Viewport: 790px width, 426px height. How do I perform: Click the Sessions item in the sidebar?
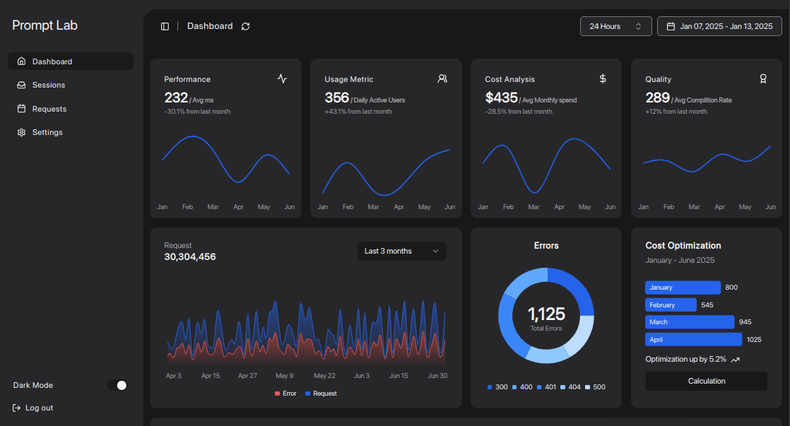48,85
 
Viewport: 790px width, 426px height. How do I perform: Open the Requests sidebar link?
49,109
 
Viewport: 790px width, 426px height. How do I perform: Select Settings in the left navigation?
47,132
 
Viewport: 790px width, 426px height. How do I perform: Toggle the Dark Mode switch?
117,385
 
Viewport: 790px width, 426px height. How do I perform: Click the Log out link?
39,408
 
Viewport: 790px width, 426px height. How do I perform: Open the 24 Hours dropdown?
615,26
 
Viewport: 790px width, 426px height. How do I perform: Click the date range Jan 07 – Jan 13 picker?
719,26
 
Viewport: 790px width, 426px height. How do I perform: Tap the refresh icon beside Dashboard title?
245,26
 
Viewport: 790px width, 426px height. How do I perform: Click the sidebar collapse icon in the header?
165,26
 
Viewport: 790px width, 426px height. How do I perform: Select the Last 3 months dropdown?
401,251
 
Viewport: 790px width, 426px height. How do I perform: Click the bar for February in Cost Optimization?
671,304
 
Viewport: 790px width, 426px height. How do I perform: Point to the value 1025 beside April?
754,339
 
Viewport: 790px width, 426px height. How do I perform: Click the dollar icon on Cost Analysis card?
603,78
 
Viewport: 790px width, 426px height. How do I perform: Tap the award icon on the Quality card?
763,78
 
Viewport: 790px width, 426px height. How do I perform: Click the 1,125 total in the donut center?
546,314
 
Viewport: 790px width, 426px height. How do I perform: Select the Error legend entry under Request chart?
285,393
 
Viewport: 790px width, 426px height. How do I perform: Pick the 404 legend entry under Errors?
570,386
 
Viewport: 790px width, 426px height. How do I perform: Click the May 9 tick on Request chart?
285,376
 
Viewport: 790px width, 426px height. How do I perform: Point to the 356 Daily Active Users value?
337,97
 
